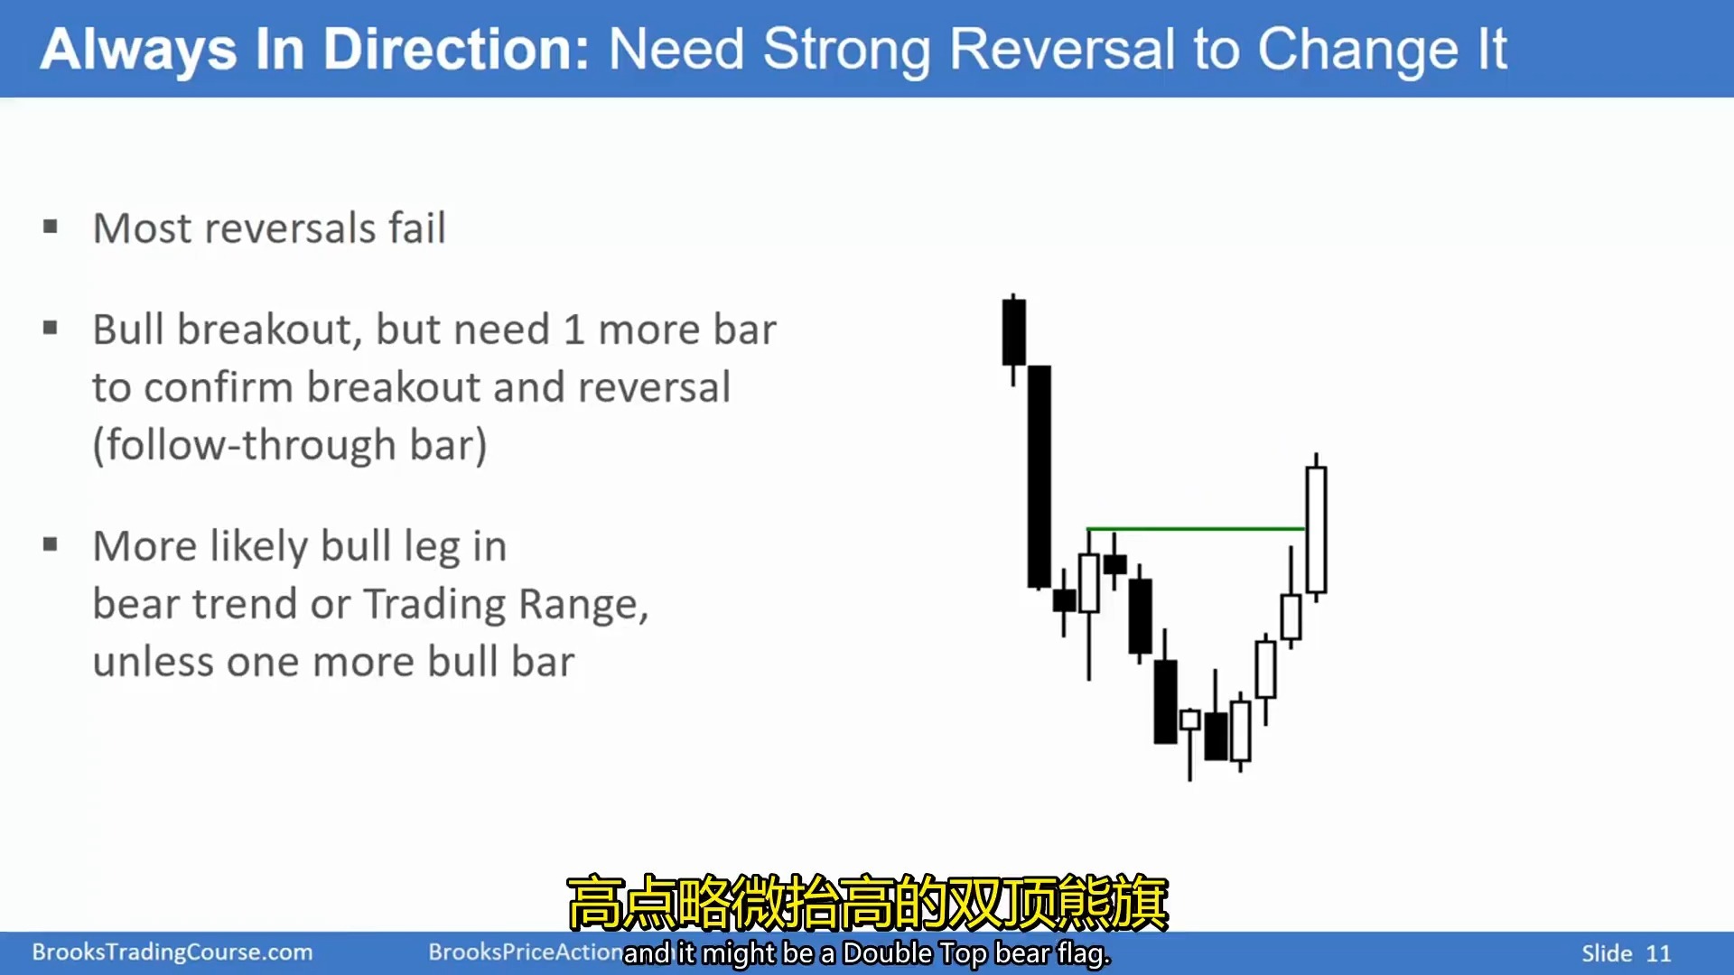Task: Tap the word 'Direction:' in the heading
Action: click(x=456, y=49)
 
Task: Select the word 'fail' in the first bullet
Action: click(x=417, y=227)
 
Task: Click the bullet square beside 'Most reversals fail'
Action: click(x=51, y=227)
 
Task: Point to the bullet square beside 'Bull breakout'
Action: click(x=51, y=328)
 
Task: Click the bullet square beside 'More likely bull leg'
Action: click(x=51, y=544)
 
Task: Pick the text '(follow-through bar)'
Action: click(x=290, y=445)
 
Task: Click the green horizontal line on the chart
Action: click(x=1196, y=528)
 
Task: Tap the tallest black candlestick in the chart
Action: click(x=1039, y=477)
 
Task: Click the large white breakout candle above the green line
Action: click(x=1316, y=528)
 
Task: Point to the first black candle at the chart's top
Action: click(x=1013, y=332)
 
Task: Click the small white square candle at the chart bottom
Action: click(x=1190, y=720)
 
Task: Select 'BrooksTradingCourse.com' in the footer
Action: click(x=172, y=952)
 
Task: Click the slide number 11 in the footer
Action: click(x=1658, y=953)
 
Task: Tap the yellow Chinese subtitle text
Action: click(x=868, y=902)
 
